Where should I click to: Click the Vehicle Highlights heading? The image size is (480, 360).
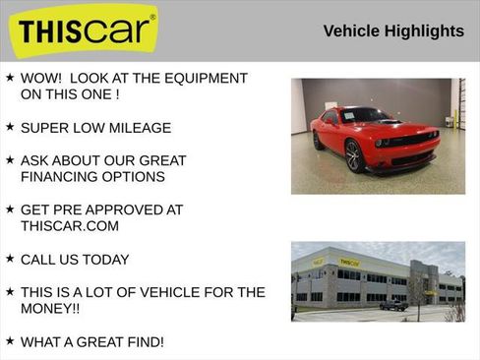393,31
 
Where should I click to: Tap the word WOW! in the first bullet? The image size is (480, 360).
42,78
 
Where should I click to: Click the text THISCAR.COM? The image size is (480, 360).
70,226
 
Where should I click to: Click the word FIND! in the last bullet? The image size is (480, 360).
144,341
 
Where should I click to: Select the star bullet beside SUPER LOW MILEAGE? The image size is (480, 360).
10,127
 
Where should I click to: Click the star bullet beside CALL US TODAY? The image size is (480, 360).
10,259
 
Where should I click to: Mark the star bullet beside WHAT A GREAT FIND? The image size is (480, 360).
10,340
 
